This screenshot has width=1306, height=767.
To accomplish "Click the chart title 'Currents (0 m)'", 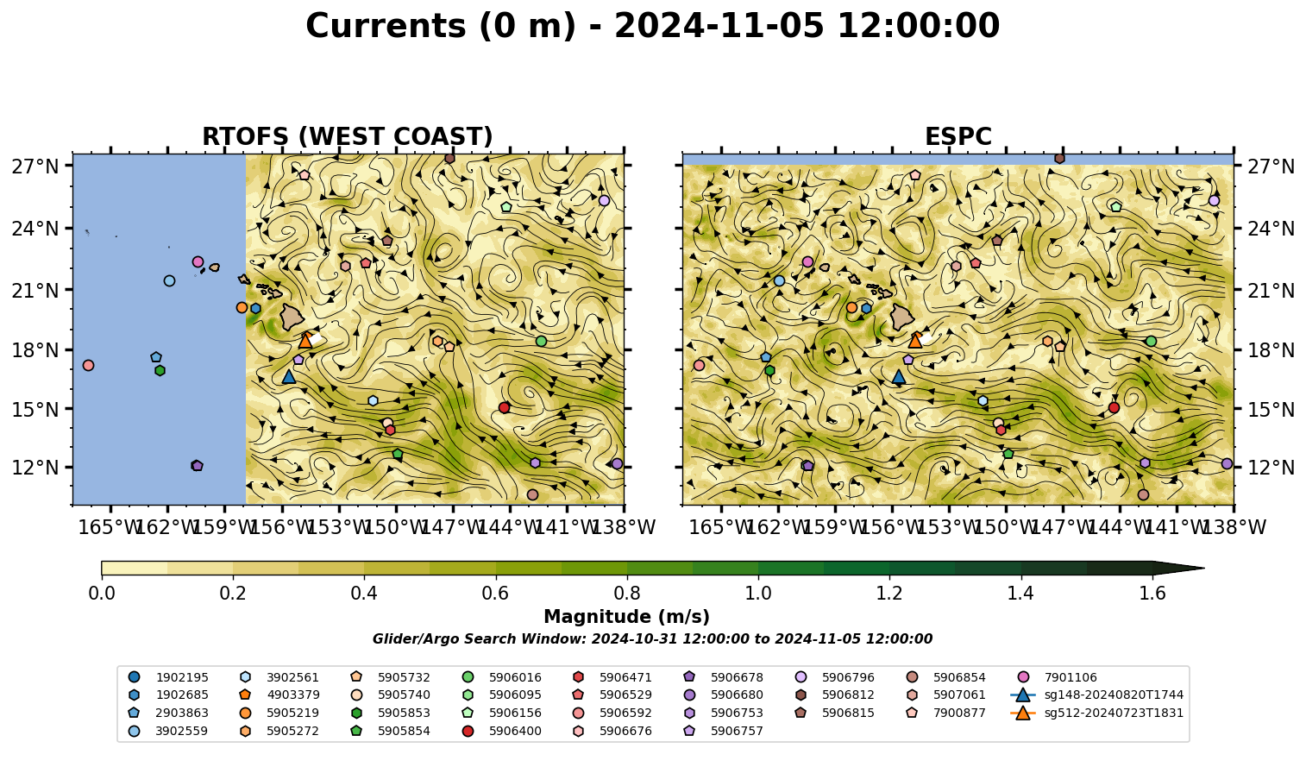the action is (x=441, y=27).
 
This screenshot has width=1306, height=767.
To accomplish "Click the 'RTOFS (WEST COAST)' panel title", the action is (x=348, y=136).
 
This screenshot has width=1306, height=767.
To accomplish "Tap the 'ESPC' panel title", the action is (x=958, y=136).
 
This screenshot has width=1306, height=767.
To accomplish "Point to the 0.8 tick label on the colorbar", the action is (x=627, y=594).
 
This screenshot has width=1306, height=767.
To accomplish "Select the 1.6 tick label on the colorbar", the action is (x=1152, y=594).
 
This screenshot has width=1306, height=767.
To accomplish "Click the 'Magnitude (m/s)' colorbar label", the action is (x=627, y=617).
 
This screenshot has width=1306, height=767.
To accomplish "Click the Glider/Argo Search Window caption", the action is (x=652, y=638).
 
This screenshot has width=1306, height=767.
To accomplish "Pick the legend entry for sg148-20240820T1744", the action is (x=1097, y=695).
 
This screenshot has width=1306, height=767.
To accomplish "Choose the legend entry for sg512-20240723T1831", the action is (x=1097, y=713).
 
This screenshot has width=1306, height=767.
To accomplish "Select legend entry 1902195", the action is (x=168, y=677).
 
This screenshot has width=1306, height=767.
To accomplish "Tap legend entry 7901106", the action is (x=1059, y=677).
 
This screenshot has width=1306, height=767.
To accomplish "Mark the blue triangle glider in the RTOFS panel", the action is (x=289, y=377).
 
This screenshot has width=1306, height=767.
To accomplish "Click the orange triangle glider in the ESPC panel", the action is (x=915, y=341).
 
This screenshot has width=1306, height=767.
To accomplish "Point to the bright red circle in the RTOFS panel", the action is (x=505, y=407).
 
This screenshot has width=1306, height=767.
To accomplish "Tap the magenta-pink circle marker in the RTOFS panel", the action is (x=198, y=262).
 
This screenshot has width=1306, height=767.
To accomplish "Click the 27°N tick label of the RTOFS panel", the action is (x=35, y=167).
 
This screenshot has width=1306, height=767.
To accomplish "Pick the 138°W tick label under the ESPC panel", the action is (x=1234, y=527).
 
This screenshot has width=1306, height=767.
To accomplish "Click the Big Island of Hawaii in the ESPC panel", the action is (x=902, y=317).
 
